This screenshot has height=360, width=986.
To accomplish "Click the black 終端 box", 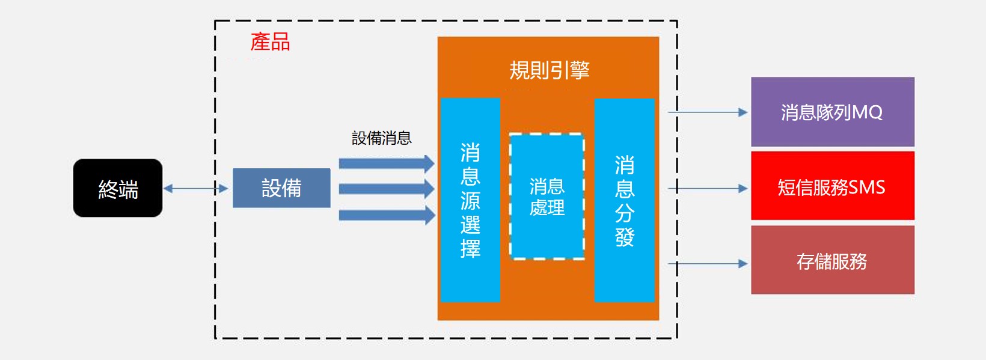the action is [118, 188].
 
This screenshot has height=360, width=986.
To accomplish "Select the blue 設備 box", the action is [282, 188].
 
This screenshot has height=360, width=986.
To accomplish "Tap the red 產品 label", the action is [271, 42].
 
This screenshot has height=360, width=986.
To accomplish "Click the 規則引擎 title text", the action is [550, 70].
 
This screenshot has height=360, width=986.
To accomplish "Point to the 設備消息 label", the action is [382, 138].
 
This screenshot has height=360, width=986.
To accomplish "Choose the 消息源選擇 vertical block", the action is [471, 200].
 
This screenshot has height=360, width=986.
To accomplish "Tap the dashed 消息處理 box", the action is [547, 197].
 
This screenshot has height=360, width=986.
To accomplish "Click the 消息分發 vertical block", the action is [625, 200].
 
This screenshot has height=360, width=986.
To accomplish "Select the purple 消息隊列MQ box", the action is [833, 112].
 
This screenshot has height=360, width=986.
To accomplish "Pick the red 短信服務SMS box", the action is [833, 186].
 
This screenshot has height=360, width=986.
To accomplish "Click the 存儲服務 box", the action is [833, 260].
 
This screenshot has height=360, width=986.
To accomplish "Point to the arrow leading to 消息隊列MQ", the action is [708, 112].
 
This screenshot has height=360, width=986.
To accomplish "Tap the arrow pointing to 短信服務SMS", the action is [708, 188].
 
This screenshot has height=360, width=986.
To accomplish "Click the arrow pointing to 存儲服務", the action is [708, 264].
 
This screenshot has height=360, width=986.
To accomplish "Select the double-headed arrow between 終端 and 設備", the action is [196, 188].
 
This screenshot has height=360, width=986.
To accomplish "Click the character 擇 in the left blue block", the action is [471, 248].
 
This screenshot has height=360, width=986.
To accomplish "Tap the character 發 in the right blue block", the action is [625, 237].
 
